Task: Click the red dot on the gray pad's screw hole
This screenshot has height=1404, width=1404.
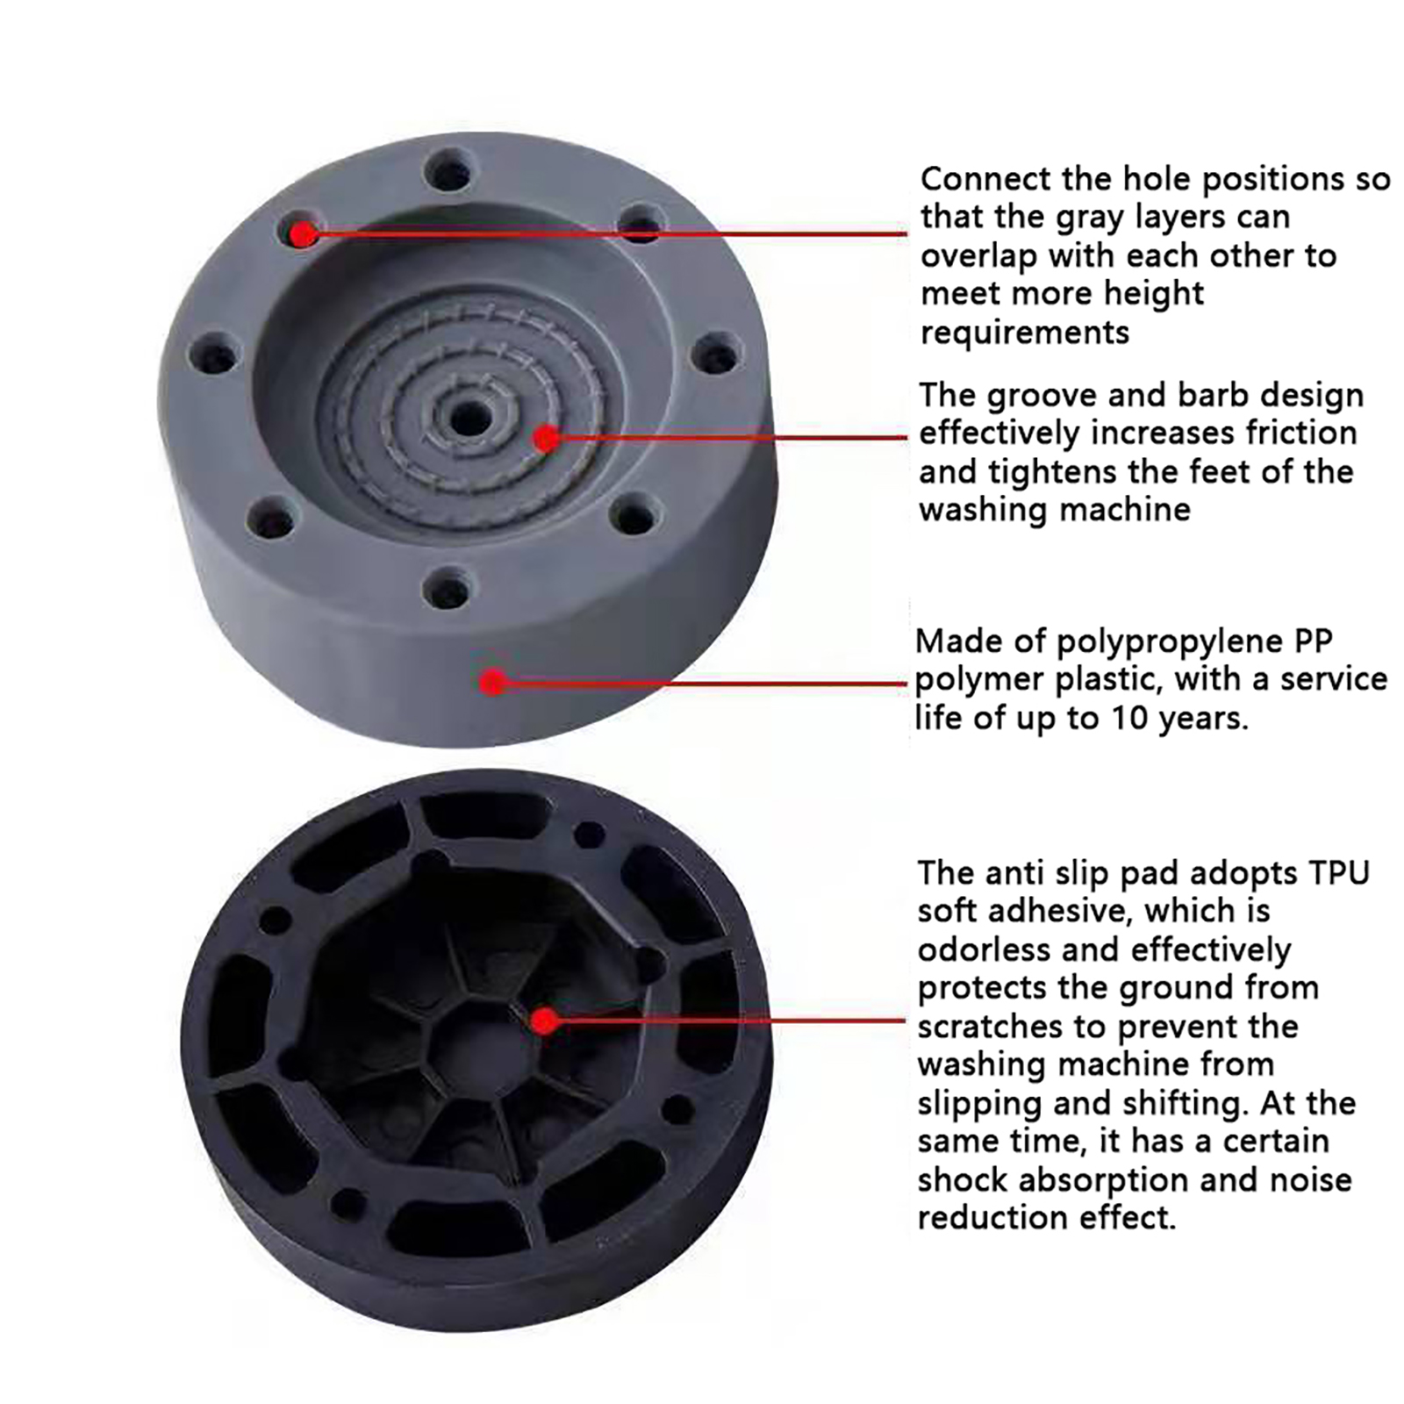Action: tap(304, 234)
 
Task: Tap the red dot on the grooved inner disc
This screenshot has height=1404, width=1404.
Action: tap(547, 438)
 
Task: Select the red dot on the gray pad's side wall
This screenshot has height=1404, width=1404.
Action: tap(494, 682)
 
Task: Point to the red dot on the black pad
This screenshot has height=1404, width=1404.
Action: tap(545, 1021)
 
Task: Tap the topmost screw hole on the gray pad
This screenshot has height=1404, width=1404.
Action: tap(448, 168)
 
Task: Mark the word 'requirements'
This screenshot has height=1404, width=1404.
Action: tap(1025, 333)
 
